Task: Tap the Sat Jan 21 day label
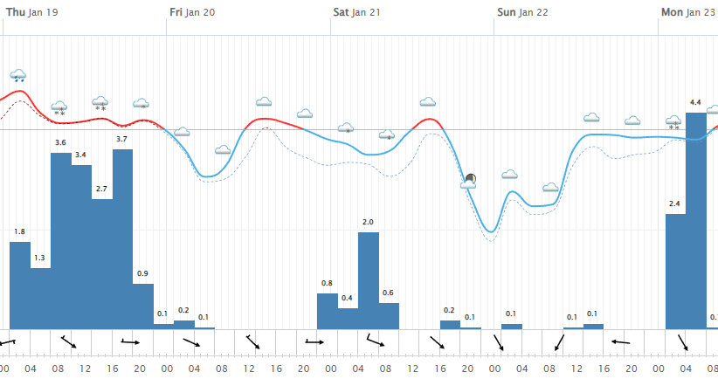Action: (x=356, y=12)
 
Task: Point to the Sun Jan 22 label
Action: (x=522, y=12)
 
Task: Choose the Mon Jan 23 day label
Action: (x=687, y=12)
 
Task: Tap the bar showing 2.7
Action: (x=102, y=264)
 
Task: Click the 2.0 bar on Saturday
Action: (x=369, y=280)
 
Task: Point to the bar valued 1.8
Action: (x=19, y=285)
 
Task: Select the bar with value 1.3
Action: (x=40, y=298)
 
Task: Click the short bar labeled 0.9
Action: (x=143, y=306)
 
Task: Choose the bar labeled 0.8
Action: (x=327, y=311)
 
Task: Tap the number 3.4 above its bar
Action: (x=80, y=155)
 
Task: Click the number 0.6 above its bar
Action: (x=388, y=293)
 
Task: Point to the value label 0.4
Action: (x=348, y=298)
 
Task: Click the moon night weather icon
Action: (x=471, y=180)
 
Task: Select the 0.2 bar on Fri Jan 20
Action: (x=184, y=324)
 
